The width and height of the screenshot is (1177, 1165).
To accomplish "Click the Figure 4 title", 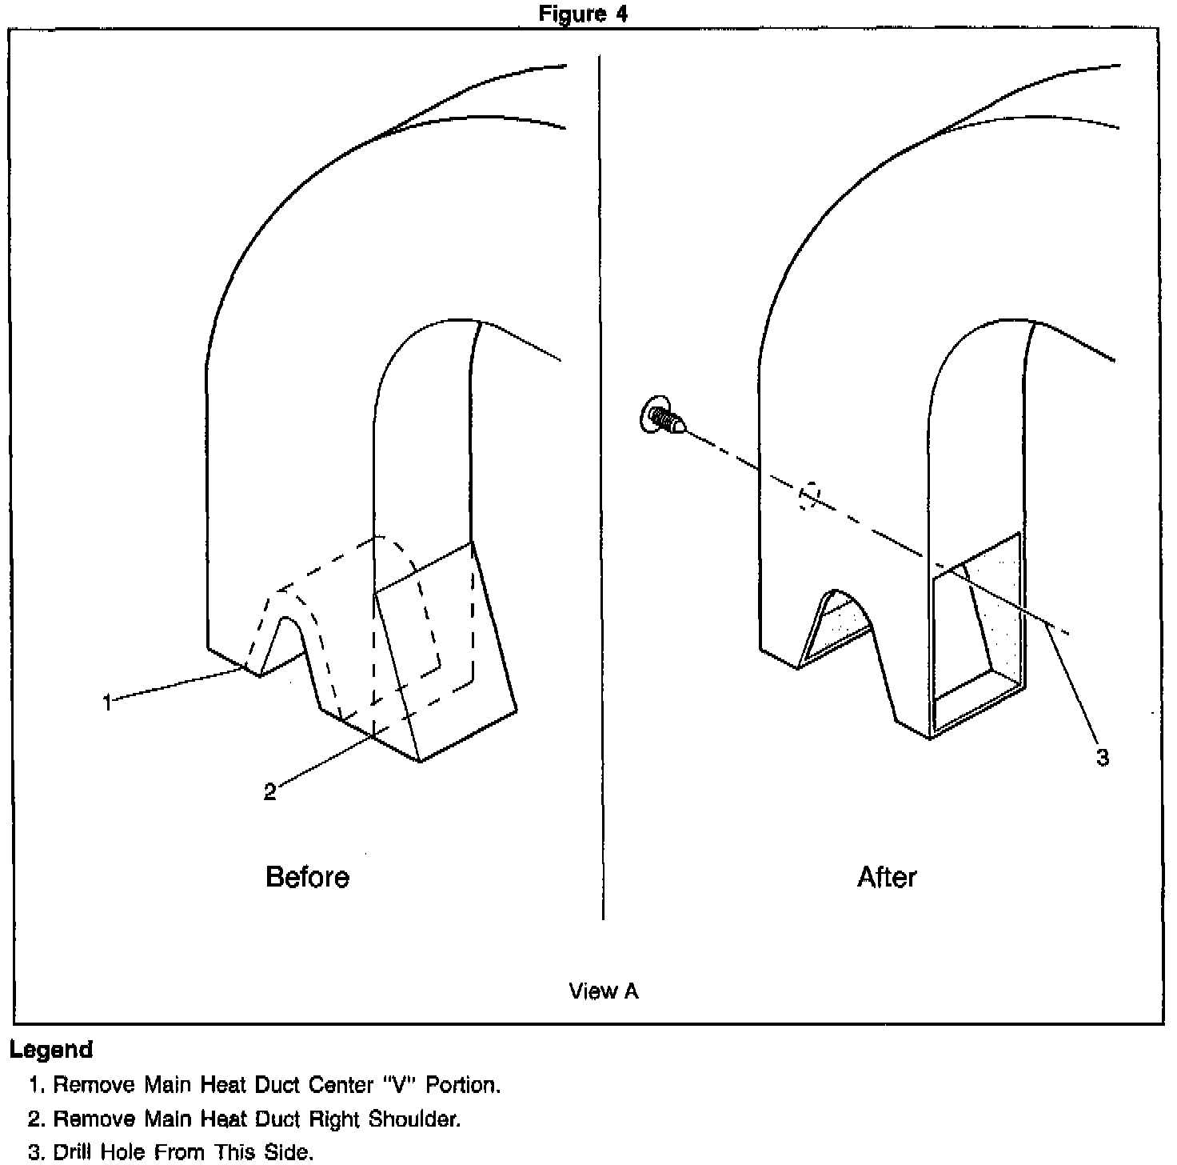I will pyautogui.click(x=583, y=14).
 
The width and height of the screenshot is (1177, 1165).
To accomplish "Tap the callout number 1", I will pyautogui.click(x=107, y=703).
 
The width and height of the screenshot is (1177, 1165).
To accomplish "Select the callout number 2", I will pyautogui.click(x=270, y=792).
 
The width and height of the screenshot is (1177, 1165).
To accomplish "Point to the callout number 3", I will pyautogui.click(x=1103, y=757).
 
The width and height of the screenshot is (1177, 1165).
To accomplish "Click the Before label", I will pyautogui.click(x=307, y=877).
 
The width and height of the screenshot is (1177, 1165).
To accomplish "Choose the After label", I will pyautogui.click(x=887, y=877).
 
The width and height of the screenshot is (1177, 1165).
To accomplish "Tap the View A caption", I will pyautogui.click(x=604, y=991).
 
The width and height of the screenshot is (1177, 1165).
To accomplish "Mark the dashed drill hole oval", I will pyautogui.click(x=809, y=495).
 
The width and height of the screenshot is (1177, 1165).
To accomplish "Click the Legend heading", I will pyautogui.click(x=51, y=1049).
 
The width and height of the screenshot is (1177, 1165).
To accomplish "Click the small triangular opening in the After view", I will pyautogui.click(x=833, y=626).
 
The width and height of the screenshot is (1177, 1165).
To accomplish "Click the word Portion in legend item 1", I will pyautogui.click(x=463, y=1085).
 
